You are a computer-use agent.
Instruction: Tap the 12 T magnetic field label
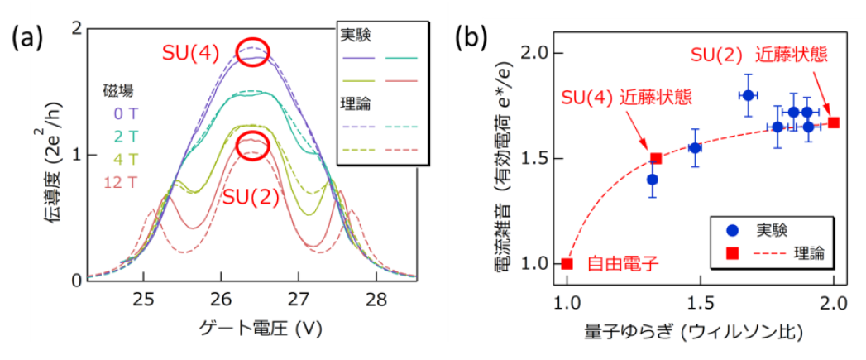point(120,181)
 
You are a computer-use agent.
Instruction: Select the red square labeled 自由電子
point(567,264)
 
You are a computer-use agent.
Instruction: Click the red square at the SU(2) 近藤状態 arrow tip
point(834,122)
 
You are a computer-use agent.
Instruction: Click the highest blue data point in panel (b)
point(748,95)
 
